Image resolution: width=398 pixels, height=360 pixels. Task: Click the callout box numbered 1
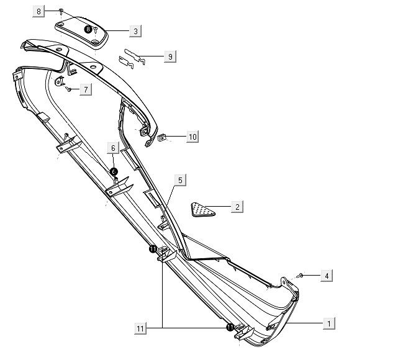click(328, 323)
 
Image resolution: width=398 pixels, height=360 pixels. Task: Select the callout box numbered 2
click(237, 207)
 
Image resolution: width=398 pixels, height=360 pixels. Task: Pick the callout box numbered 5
click(180, 180)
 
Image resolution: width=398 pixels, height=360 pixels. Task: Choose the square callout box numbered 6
click(113, 148)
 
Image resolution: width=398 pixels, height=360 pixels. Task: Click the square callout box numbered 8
click(39, 12)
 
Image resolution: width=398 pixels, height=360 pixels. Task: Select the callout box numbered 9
click(170, 56)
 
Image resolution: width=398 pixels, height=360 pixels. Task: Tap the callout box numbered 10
click(192, 137)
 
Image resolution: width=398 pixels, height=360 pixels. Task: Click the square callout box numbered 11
click(140, 327)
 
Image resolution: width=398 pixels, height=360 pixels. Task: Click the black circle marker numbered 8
click(88, 29)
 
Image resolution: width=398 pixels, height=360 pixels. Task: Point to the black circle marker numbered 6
click(114, 171)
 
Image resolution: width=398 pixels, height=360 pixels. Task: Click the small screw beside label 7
click(69, 89)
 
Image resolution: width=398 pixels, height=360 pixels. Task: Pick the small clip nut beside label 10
click(163, 137)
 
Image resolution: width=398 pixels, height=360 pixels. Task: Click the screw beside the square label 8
click(61, 11)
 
